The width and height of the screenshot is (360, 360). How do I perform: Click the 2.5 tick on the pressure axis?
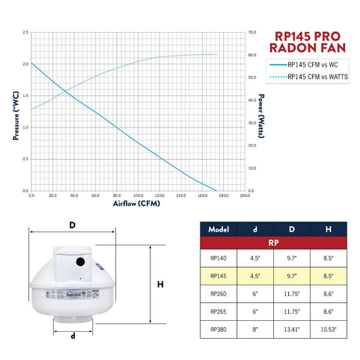point(26,33)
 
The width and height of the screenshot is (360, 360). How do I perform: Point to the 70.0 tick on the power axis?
point(252,33)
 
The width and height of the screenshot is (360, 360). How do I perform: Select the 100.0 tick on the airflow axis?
point(138,196)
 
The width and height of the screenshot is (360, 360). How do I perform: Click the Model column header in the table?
point(219,230)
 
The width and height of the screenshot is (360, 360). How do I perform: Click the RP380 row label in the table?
point(219,330)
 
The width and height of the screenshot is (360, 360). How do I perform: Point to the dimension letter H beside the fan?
point(160,285)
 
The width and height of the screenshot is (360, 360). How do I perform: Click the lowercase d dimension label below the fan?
point(72,337)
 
